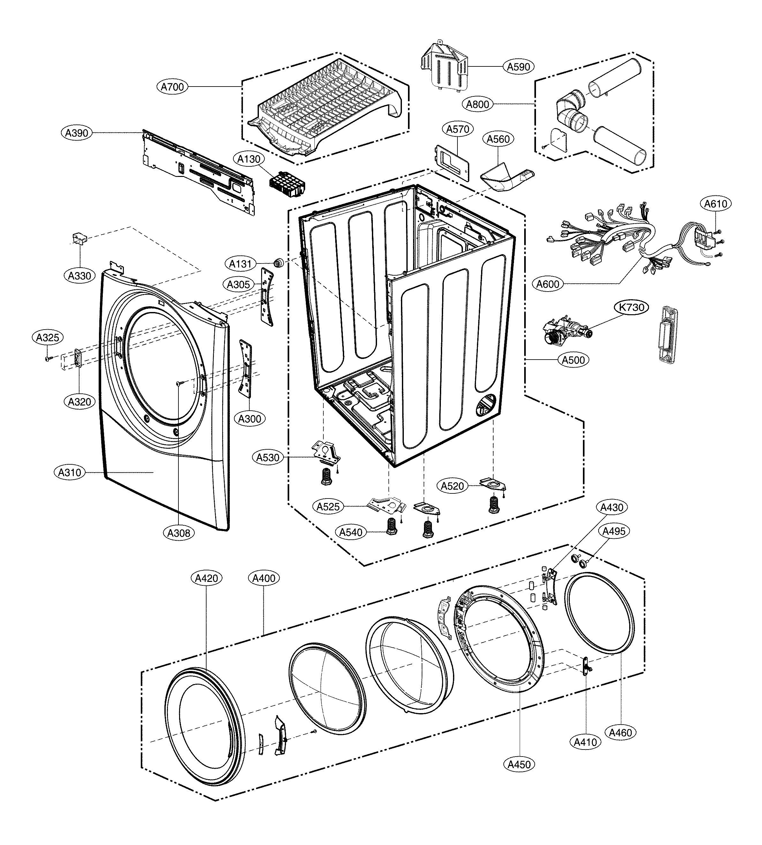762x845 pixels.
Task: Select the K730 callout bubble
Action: [631, 307]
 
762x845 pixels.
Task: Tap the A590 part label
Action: [518, 66]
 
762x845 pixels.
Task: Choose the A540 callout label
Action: [351, 532]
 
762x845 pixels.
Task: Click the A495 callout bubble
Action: [614, 531]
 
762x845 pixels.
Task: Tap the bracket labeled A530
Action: [326, 453]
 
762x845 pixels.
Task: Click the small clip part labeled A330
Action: [79, 240]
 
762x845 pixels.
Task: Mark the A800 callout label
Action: [477, 104]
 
